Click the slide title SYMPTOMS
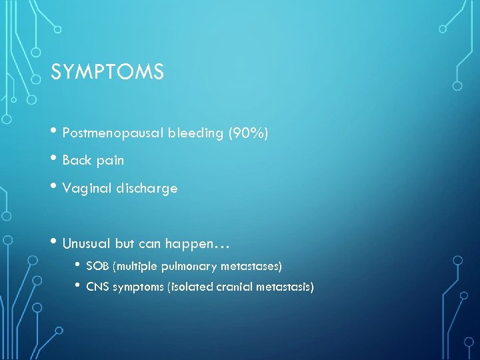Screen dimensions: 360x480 (107, 71)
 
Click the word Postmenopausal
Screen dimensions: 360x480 (108, 133)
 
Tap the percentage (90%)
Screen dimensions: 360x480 (248, 133)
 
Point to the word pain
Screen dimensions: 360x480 (110, 161)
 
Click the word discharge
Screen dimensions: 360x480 (145, 188)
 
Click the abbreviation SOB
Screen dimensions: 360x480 (98, 267)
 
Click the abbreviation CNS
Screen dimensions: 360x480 (98, 287)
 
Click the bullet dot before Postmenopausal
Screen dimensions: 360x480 (55, 132)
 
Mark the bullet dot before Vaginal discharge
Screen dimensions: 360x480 (55, 187)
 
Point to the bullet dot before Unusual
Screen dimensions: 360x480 (55, 243)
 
